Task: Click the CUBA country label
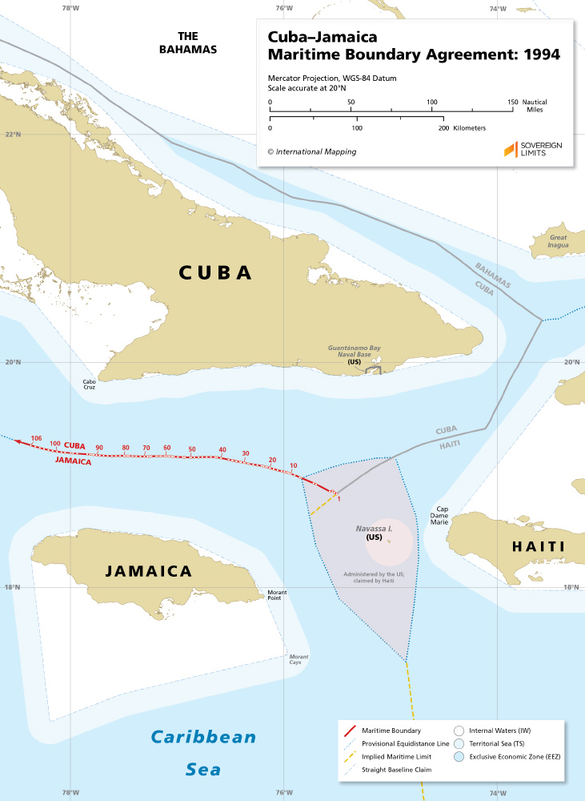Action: (x=214, y=272)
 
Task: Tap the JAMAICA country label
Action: (x=149, y=571)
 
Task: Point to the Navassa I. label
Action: (x=374, y=529)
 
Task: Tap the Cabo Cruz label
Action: (x=89, y=384)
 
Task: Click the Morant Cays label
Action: (x=299, y=658)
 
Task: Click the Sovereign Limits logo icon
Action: (x=510, y=150)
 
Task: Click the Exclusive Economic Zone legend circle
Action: (x=459, y=756)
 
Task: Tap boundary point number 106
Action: (x=35, y=438)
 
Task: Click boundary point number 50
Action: (x=192, y=449)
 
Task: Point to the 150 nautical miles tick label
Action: (x=512, y=103)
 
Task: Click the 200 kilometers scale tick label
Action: (x=443, y=128)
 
